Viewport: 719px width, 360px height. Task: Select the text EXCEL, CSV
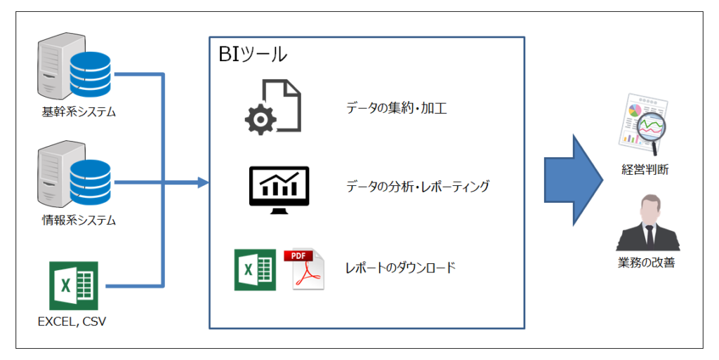[72, 323]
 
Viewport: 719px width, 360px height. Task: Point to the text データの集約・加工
[396, 109]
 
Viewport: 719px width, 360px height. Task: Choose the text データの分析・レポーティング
[417, 187]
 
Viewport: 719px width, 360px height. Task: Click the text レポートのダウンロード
[400, 267]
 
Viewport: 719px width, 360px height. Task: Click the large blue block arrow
[574, 180]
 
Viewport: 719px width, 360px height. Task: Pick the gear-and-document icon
[272, 107]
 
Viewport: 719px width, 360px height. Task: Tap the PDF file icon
[304, 269]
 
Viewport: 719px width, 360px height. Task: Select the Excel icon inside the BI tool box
[255, 269]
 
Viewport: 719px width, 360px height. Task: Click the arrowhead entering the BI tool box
[204, 183]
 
